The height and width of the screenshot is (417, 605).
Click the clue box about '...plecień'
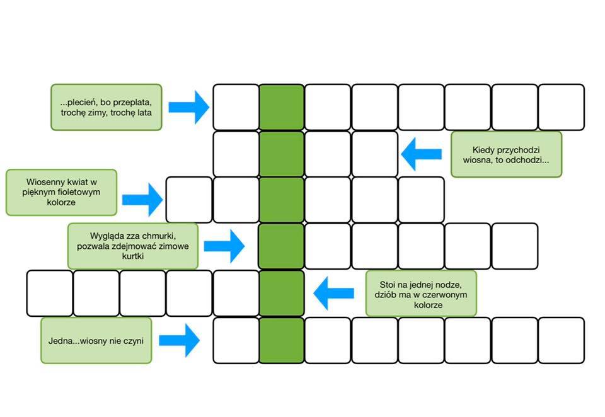tap(106, 107)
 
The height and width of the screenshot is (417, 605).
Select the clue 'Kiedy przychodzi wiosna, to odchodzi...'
tap(506, 154)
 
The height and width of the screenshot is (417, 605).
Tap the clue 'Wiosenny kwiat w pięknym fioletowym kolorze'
tap(61, 192)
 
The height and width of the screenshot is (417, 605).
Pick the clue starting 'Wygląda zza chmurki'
tap(133, 246)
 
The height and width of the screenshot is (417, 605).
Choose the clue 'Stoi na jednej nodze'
tap(421, 294)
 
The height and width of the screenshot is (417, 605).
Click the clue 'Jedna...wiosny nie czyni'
tap(96, 341)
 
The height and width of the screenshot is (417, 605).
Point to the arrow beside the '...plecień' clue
tap(189, 107)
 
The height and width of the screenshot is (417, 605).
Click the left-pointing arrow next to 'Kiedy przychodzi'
tap(422, 154)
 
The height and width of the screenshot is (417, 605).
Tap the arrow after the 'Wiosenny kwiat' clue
tap(142, 200)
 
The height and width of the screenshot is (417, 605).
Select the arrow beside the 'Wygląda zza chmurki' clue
tap(224, 246)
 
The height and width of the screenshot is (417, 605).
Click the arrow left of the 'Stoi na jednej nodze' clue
tap(334, 293)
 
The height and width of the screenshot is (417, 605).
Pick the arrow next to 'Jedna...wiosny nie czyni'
tap(180, 340)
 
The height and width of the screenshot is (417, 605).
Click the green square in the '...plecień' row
tap(282, 107)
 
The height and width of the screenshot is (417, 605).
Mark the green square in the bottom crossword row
tap(282, 341)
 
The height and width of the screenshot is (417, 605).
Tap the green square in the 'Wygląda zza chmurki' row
tap(282, 246)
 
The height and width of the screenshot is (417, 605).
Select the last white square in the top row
tap(562, 107)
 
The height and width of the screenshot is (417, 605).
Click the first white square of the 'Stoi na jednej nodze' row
tap(50, 294)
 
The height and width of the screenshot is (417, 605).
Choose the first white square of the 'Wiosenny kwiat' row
tap(189, 200)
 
